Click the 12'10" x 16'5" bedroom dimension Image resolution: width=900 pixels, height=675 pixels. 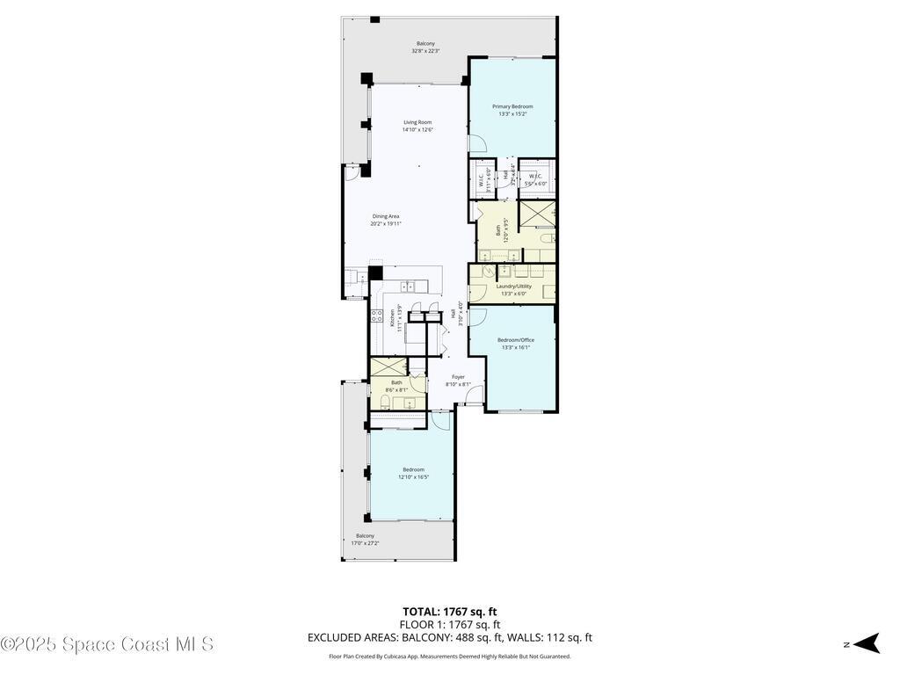tap(413, 477)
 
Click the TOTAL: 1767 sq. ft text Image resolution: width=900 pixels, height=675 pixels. tap(449, 612)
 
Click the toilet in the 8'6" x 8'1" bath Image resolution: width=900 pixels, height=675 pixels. tap(387, 402)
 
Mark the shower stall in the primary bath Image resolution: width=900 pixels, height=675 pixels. tap(536, 214)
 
